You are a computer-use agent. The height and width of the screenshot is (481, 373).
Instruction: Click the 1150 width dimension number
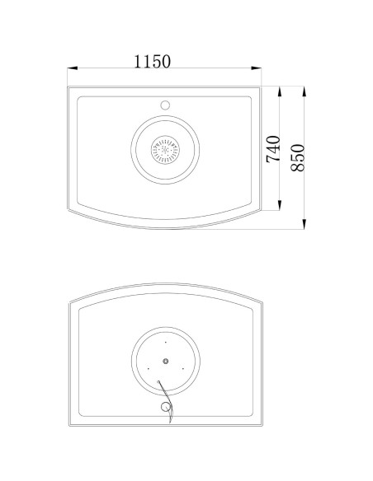click(152, 61)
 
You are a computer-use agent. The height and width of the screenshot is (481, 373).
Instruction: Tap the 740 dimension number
click(273, 149)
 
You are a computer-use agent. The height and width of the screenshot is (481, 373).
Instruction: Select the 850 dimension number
click(298, 157)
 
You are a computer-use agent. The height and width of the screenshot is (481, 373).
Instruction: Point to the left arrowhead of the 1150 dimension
click(72, 68)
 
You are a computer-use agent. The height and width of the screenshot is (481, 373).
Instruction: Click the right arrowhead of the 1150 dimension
click(257, 68)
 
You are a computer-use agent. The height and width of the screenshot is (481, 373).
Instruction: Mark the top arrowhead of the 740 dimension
click(279, 91)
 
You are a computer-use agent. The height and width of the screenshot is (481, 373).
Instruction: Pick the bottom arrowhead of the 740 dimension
click(279, 205)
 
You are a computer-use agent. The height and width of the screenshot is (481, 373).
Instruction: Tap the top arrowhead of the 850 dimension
click(305, 91)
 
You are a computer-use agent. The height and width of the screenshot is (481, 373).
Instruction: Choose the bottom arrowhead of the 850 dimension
click(305, 224)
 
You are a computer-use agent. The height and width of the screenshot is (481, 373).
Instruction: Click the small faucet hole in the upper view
click(165, 105)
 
